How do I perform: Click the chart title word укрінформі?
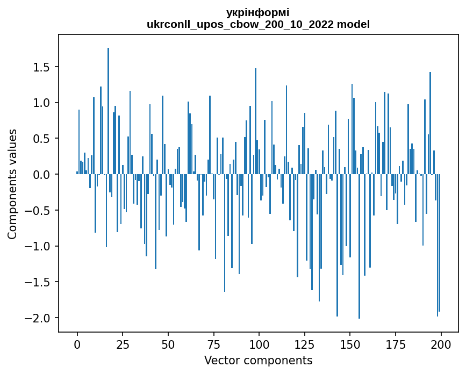[258, 12]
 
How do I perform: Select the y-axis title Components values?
[12, 184]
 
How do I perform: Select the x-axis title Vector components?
[258, 360]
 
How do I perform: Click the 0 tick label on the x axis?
[77, 344]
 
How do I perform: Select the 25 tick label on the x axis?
[123, 344]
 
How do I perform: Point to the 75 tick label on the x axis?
[214, 344]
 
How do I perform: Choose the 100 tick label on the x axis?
[259, 344]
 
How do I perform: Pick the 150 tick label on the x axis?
[350, 344]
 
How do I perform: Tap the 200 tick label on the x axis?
[441, 344]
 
